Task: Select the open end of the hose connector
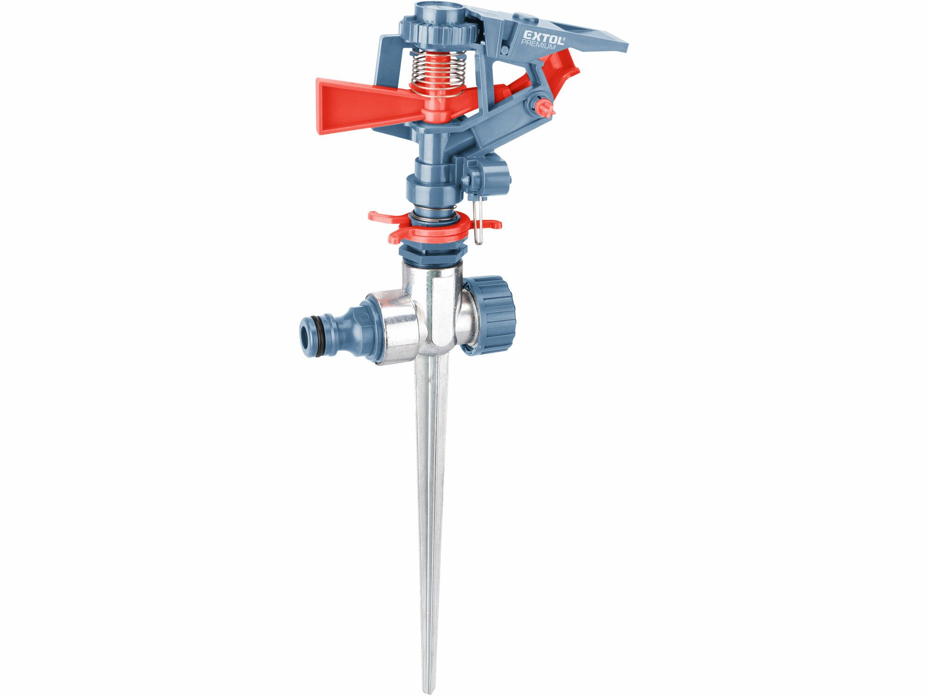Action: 305,331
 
